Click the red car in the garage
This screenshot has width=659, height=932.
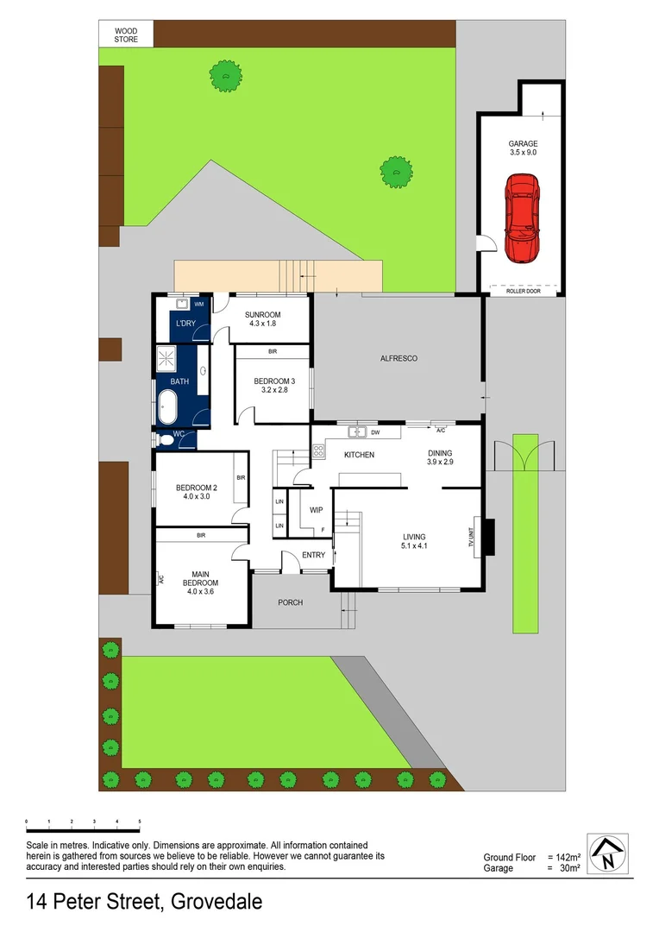coord(523,218)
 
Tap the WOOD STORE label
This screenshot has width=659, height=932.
coord(126,35)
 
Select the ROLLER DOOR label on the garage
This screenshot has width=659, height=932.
coord(523,292)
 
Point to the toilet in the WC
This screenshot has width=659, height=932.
coord(166,440)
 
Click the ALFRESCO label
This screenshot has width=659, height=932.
coord(399,357)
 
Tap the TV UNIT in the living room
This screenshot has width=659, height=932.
coord(472,538)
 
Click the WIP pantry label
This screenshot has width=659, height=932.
coord(316,510)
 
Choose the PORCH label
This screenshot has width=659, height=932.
coord(291,602)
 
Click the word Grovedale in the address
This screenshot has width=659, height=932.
coord(217,903)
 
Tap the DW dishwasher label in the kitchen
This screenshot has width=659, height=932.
coord(376,432)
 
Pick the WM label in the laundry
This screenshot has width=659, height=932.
coord(198,305)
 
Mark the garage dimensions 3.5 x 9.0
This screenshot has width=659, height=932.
coord(523,152)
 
